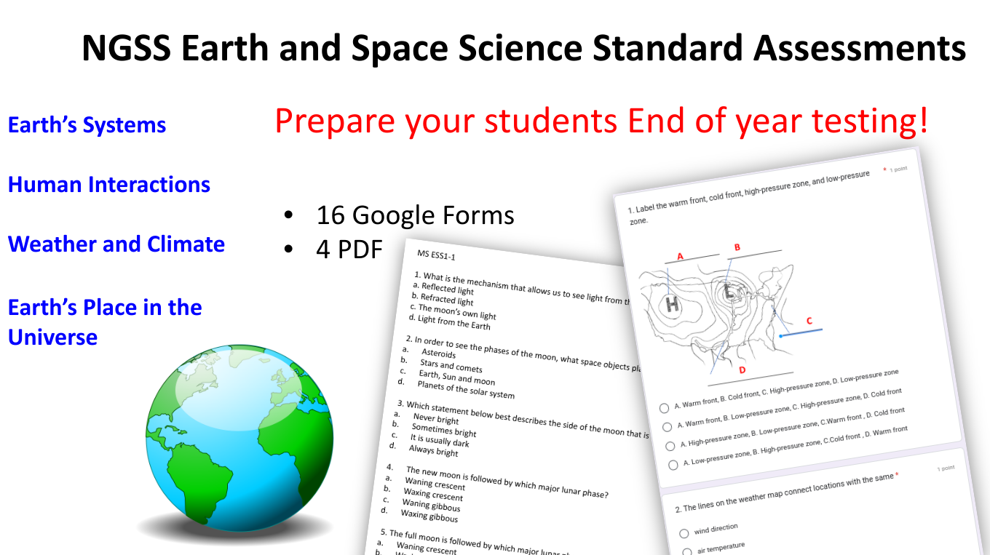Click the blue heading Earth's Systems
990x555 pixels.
87,125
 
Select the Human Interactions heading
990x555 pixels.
109,185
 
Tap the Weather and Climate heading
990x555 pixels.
116,244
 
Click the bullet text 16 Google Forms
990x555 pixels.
415,215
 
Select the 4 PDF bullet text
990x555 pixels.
349,249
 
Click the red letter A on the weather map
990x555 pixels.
681,256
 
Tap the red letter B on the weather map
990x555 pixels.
737,247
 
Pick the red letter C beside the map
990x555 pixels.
809,321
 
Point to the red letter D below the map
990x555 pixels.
742,370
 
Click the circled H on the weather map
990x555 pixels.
672,304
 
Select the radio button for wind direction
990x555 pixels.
684,534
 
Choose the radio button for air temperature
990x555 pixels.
686,551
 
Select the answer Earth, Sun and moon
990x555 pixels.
456,378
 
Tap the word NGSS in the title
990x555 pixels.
126,49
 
